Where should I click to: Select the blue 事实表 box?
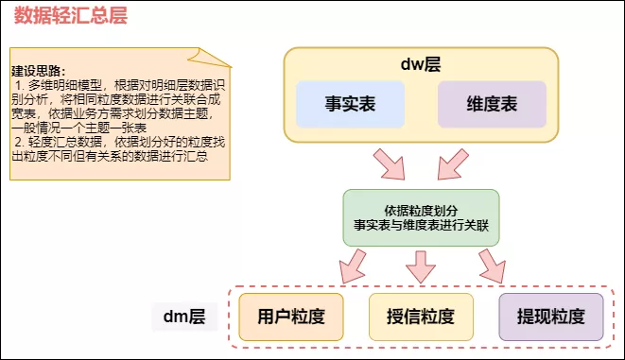click(x=350, y=105)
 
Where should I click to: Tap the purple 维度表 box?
click(x=492, y=105)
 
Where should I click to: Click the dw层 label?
click(x=422, y=64)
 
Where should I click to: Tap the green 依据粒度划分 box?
click(x=421, y=217)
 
